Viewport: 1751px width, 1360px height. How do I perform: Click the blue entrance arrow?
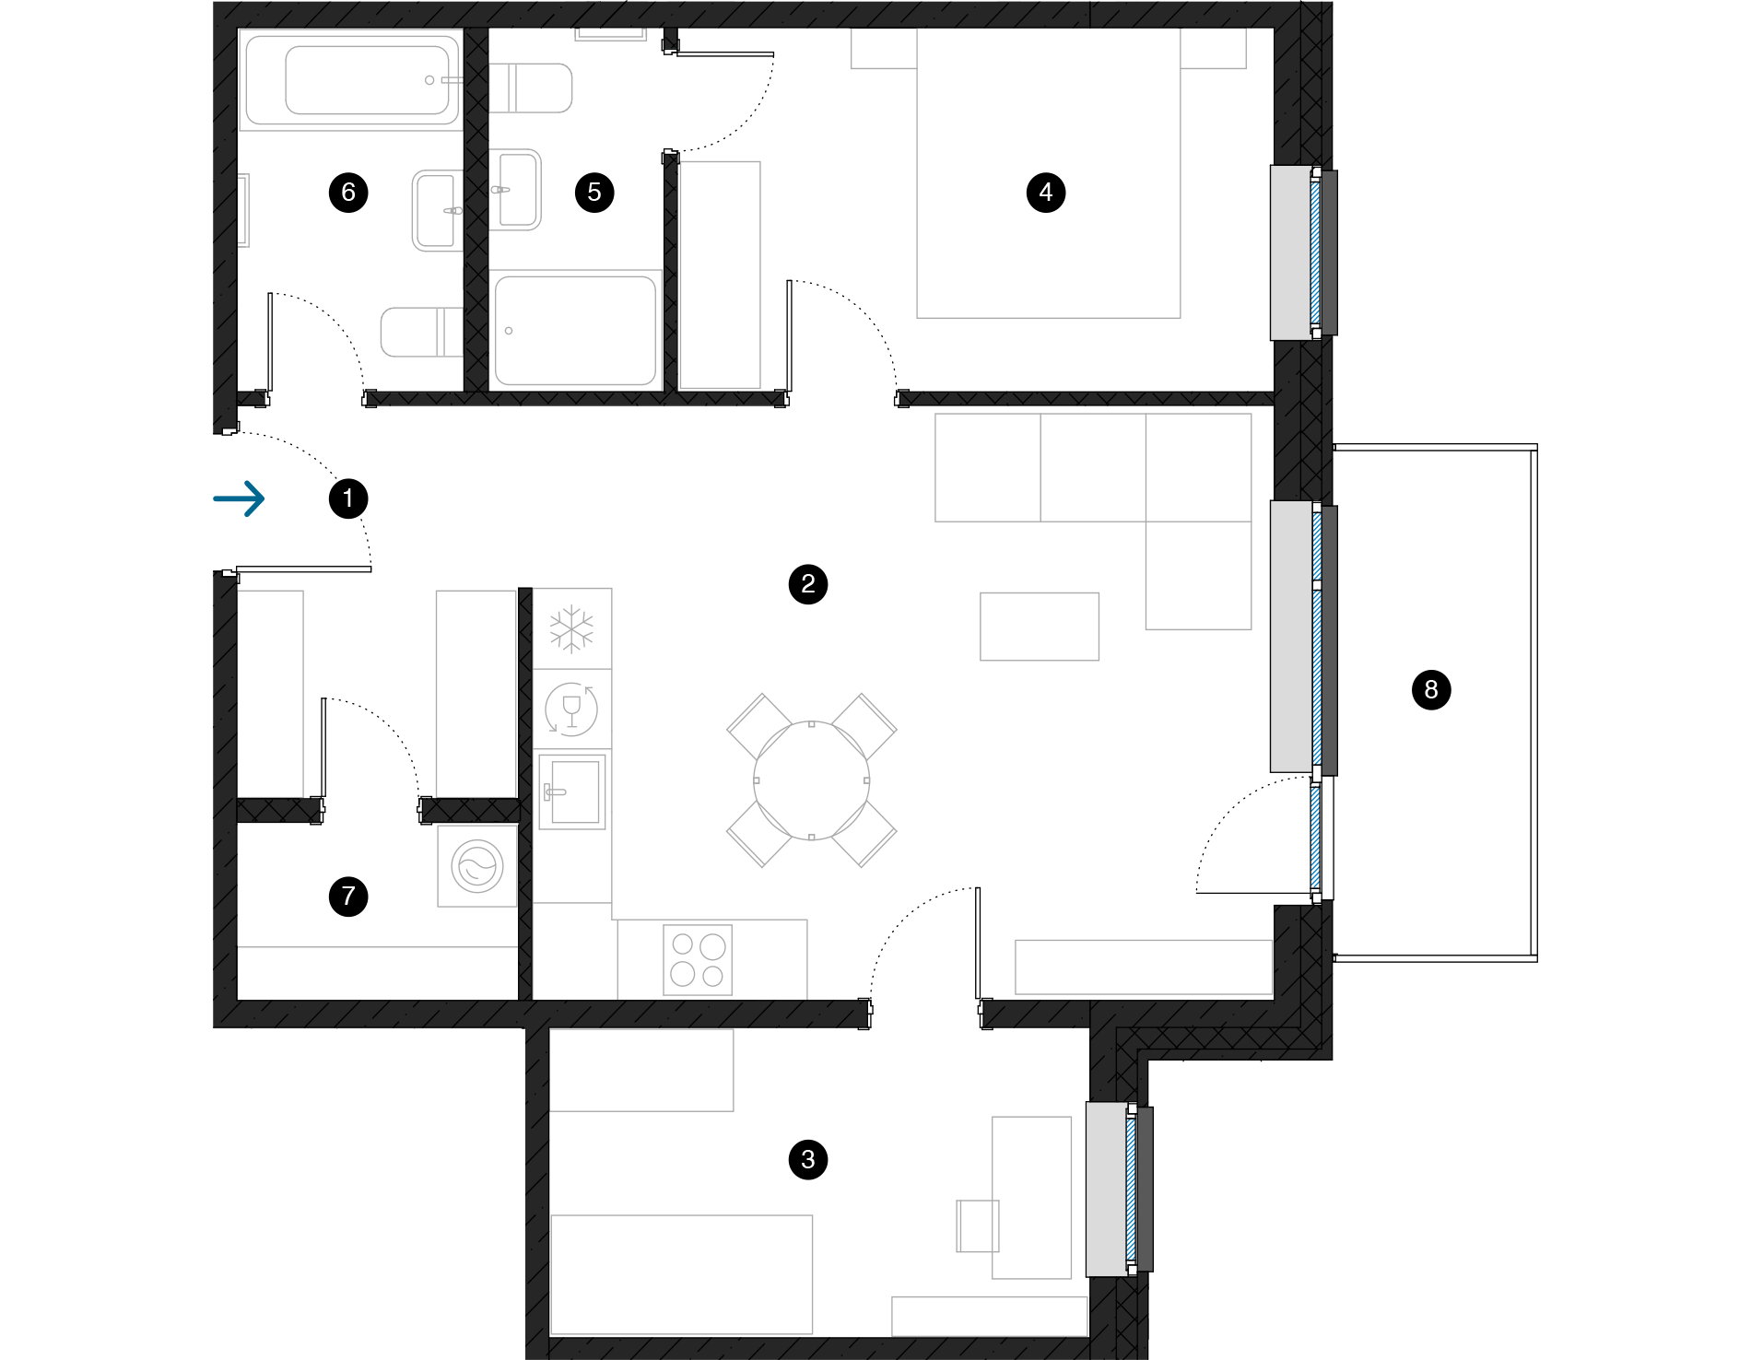pyautogui.click(x=240, y=498)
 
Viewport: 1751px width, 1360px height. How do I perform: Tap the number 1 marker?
pyautogui.click(x=348, y=498)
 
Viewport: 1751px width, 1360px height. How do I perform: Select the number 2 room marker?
pyautogui.click(x=808, y=583)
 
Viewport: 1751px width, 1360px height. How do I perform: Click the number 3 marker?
pyautogui.click(x=808, y=1159)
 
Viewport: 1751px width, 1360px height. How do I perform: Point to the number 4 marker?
pyautogui.click(x=1046, y=193)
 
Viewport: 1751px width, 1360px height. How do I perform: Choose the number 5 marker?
pyautogui.click(x=594, y=193)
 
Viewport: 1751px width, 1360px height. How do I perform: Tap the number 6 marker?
pyautogui.click(x=348, y=193)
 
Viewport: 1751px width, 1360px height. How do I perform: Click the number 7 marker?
pyautogui.click(x=348, y=897)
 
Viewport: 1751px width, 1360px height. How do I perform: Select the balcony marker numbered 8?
pyautogui.click(x=1431, y=689)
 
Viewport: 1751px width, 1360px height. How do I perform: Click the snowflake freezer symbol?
pyautogui.click(x=571, y=629)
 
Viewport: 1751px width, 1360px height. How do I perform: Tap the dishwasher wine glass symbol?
pyautogui.click(x=571, y=709)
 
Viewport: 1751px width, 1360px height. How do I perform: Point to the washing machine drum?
pyautogui.click(x=477, y=867)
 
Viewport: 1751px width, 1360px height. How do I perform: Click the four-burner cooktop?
pyautogui.click(x=698, y=960)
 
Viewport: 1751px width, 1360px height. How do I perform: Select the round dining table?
pyautogui.click(x=811, y=780)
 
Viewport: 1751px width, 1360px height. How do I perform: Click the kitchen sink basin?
pyautogui.click(x=572, y=791)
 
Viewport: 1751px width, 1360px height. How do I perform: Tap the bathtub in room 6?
pyautogui.click(x=351, y=80)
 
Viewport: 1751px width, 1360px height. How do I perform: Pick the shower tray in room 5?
pyautogui.click(x=575, y=331)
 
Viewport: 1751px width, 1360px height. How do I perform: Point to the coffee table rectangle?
pyautogui.click(x=1040, y=627)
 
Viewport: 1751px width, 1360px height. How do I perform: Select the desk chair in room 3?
pyautogui.click(x=978, y=1225)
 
